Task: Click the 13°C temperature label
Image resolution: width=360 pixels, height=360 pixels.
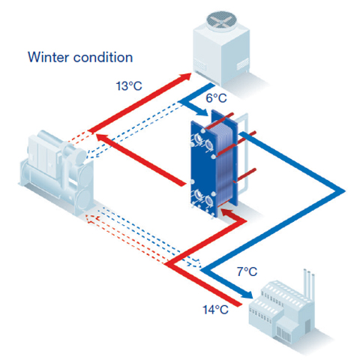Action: tap(128, 86)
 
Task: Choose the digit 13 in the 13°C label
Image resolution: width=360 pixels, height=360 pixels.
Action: tap(122, 86)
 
